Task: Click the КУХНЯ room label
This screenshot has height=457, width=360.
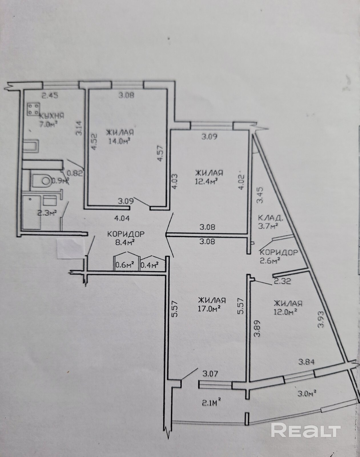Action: click(52, 116)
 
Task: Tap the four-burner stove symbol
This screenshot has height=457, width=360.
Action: click(34, 109)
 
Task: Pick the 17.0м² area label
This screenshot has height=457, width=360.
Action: click(209, 309)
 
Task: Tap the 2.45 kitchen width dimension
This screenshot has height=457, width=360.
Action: click(50, 96)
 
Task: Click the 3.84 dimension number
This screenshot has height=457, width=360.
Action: click(307, 362)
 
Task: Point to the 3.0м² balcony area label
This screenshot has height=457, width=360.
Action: click(307, 393)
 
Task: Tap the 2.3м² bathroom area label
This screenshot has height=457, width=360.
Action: click(47, 213)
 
